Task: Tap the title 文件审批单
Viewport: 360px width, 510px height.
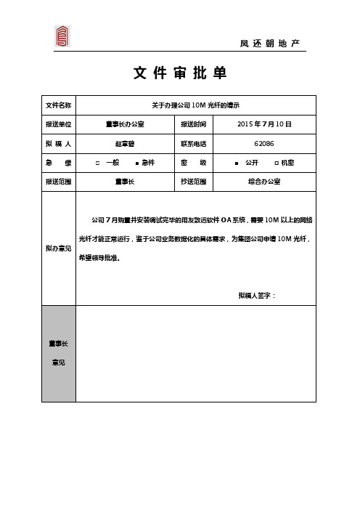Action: [180, 73]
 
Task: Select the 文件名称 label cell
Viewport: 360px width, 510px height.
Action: [59, 105]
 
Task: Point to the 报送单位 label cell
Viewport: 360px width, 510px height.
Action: [59, 124]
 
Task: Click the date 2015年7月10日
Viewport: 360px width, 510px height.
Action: [264, 124]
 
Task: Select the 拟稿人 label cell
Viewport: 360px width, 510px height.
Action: [59, 143]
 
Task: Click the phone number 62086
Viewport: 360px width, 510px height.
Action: [264, 143]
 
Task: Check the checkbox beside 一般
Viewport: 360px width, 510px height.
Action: [98, 163]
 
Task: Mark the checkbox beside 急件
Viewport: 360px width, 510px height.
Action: [137, 163]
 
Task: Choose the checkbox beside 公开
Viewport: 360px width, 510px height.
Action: [237, 163]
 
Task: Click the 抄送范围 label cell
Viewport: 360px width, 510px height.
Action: [194, 182]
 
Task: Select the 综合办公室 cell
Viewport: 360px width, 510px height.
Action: [264, 182]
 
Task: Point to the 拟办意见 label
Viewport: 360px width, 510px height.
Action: [59, 248]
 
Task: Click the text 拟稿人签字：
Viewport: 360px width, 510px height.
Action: [257, 296]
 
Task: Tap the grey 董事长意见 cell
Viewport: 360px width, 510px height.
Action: [59, 352]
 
